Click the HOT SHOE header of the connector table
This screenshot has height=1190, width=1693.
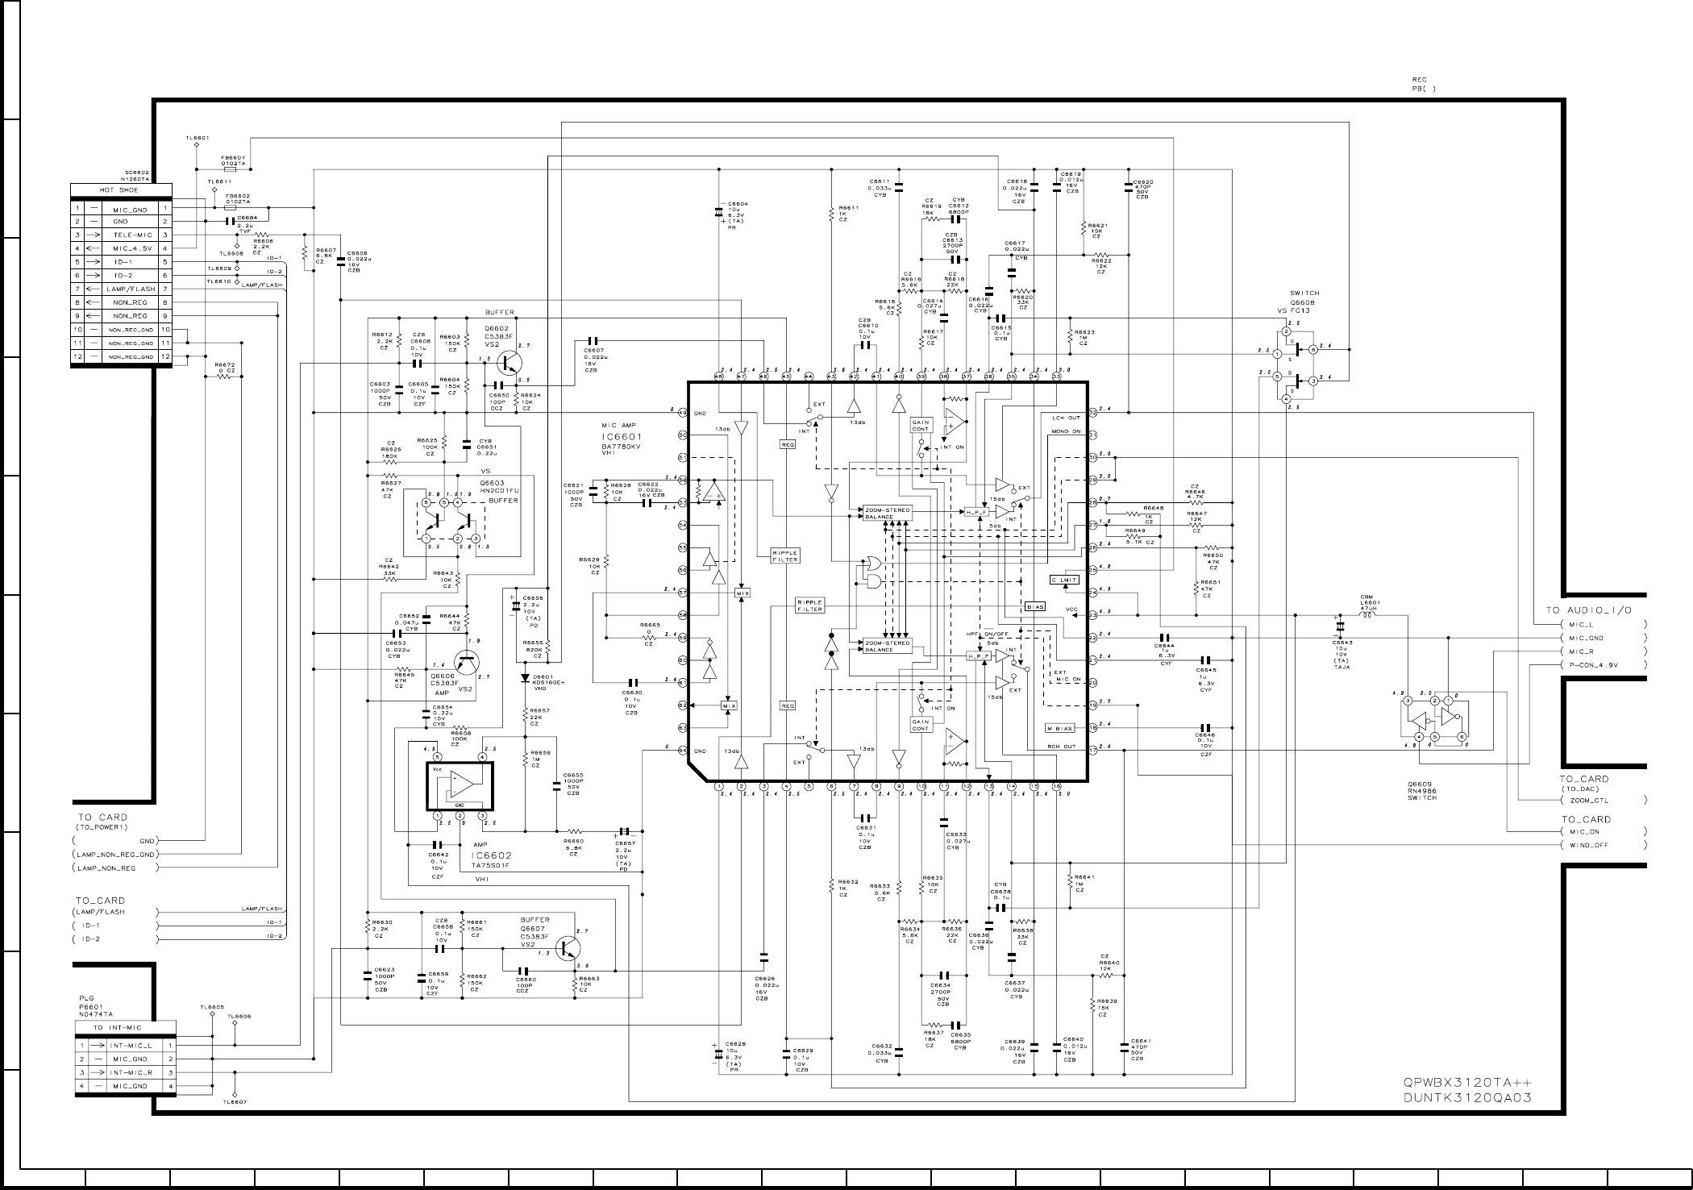(x=119, y=190)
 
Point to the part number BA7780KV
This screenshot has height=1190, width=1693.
(x=622, y=446)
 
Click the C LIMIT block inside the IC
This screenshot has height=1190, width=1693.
(x=1064, y=580)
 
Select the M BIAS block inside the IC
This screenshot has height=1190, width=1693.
(x=1060, y=728)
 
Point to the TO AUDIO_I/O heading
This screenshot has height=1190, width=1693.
(x=1589, y=610)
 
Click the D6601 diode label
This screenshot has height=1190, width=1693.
(x=545, y=677)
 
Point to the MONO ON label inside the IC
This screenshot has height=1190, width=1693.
(x=1066, y=431)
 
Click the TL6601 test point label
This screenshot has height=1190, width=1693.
(x=197, y=138)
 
